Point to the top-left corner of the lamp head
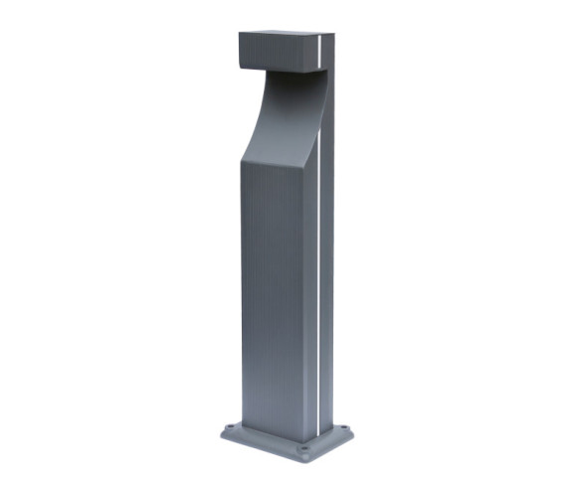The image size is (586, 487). (x=239, y=34)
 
